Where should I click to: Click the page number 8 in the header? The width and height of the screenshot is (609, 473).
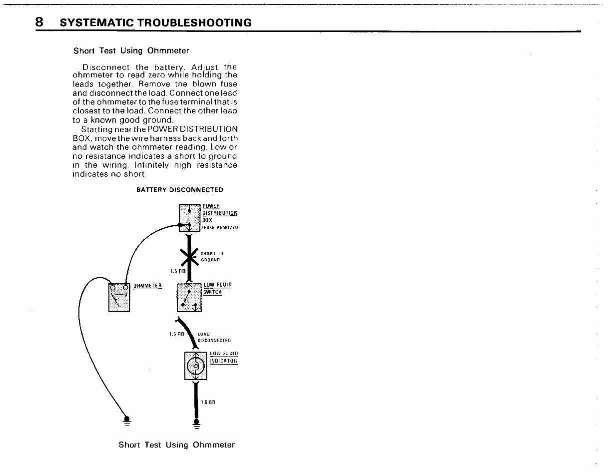click(x=39, y=22)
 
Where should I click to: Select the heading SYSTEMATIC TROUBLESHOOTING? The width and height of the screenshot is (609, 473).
click(x=155, y=23)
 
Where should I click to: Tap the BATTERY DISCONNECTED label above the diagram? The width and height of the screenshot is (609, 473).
click(x=180, y=190)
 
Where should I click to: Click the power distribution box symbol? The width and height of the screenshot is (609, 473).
click(x=189, y=218)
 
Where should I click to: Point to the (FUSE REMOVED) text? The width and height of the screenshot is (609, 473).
click(x=221, y=228)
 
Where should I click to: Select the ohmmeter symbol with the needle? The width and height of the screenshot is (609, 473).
click(x=119, y=297)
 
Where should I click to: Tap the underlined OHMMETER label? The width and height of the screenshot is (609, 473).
click(x=147, y=286)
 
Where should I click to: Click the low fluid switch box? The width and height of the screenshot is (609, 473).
click(x=189, y=297)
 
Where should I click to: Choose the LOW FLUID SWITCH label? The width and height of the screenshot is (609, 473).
click(x=217, y=288)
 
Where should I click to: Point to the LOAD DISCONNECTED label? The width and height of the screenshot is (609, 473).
click(x=214, y=338)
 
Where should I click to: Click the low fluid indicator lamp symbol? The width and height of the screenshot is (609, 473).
click(x=195, y=367)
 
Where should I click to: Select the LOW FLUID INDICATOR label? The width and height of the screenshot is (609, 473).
click(x=223, y=358)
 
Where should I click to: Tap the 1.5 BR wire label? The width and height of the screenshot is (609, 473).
click(x=207, y=402)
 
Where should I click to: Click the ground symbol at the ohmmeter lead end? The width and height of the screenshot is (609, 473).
click(x=127, y=420)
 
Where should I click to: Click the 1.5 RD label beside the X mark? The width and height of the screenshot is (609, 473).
click(x=177, y=271)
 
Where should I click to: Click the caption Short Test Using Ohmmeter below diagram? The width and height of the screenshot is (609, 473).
click(x=176, y=445)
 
